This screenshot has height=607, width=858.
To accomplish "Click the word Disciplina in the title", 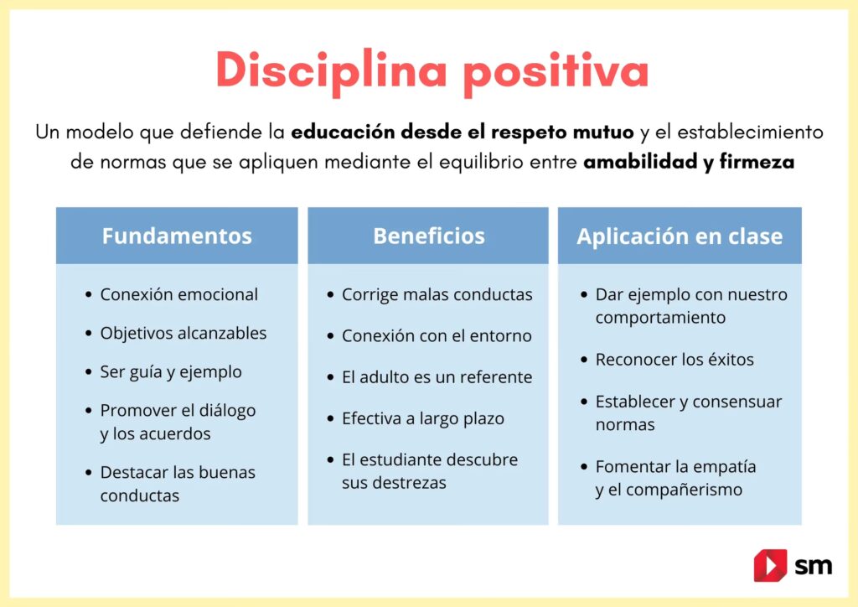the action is (x=332, y=71).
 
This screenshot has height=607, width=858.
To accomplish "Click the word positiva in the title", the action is (x=556, y=72).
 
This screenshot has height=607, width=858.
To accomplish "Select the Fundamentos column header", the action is (x=177, y=236).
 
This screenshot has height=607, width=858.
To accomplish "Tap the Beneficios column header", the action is (x=428, y=236).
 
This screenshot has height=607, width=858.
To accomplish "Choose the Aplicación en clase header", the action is (x=680, y=236).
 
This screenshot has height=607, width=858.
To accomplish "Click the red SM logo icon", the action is (x=771, y=565).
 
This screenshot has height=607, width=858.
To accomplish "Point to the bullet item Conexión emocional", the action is (x=179, y=294).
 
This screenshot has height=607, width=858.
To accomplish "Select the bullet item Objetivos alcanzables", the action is (x=183, y=334).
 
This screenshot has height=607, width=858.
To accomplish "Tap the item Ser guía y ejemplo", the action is (x=171, y=372).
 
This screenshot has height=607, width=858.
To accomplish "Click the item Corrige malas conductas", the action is (x=437, y=294).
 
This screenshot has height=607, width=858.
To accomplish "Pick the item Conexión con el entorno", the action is (x=437, y=335).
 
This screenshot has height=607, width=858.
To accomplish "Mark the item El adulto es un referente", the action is (x=437, y=377).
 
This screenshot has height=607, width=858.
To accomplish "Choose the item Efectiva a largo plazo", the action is (x=423, y=418).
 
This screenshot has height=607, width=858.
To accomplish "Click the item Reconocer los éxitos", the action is (x=675, y=360).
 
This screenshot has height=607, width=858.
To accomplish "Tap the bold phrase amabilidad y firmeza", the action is (x=689, y=162).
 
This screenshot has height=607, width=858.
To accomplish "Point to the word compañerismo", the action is (x=684, y=490).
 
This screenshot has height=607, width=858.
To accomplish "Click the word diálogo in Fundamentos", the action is (x=227, y=411).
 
